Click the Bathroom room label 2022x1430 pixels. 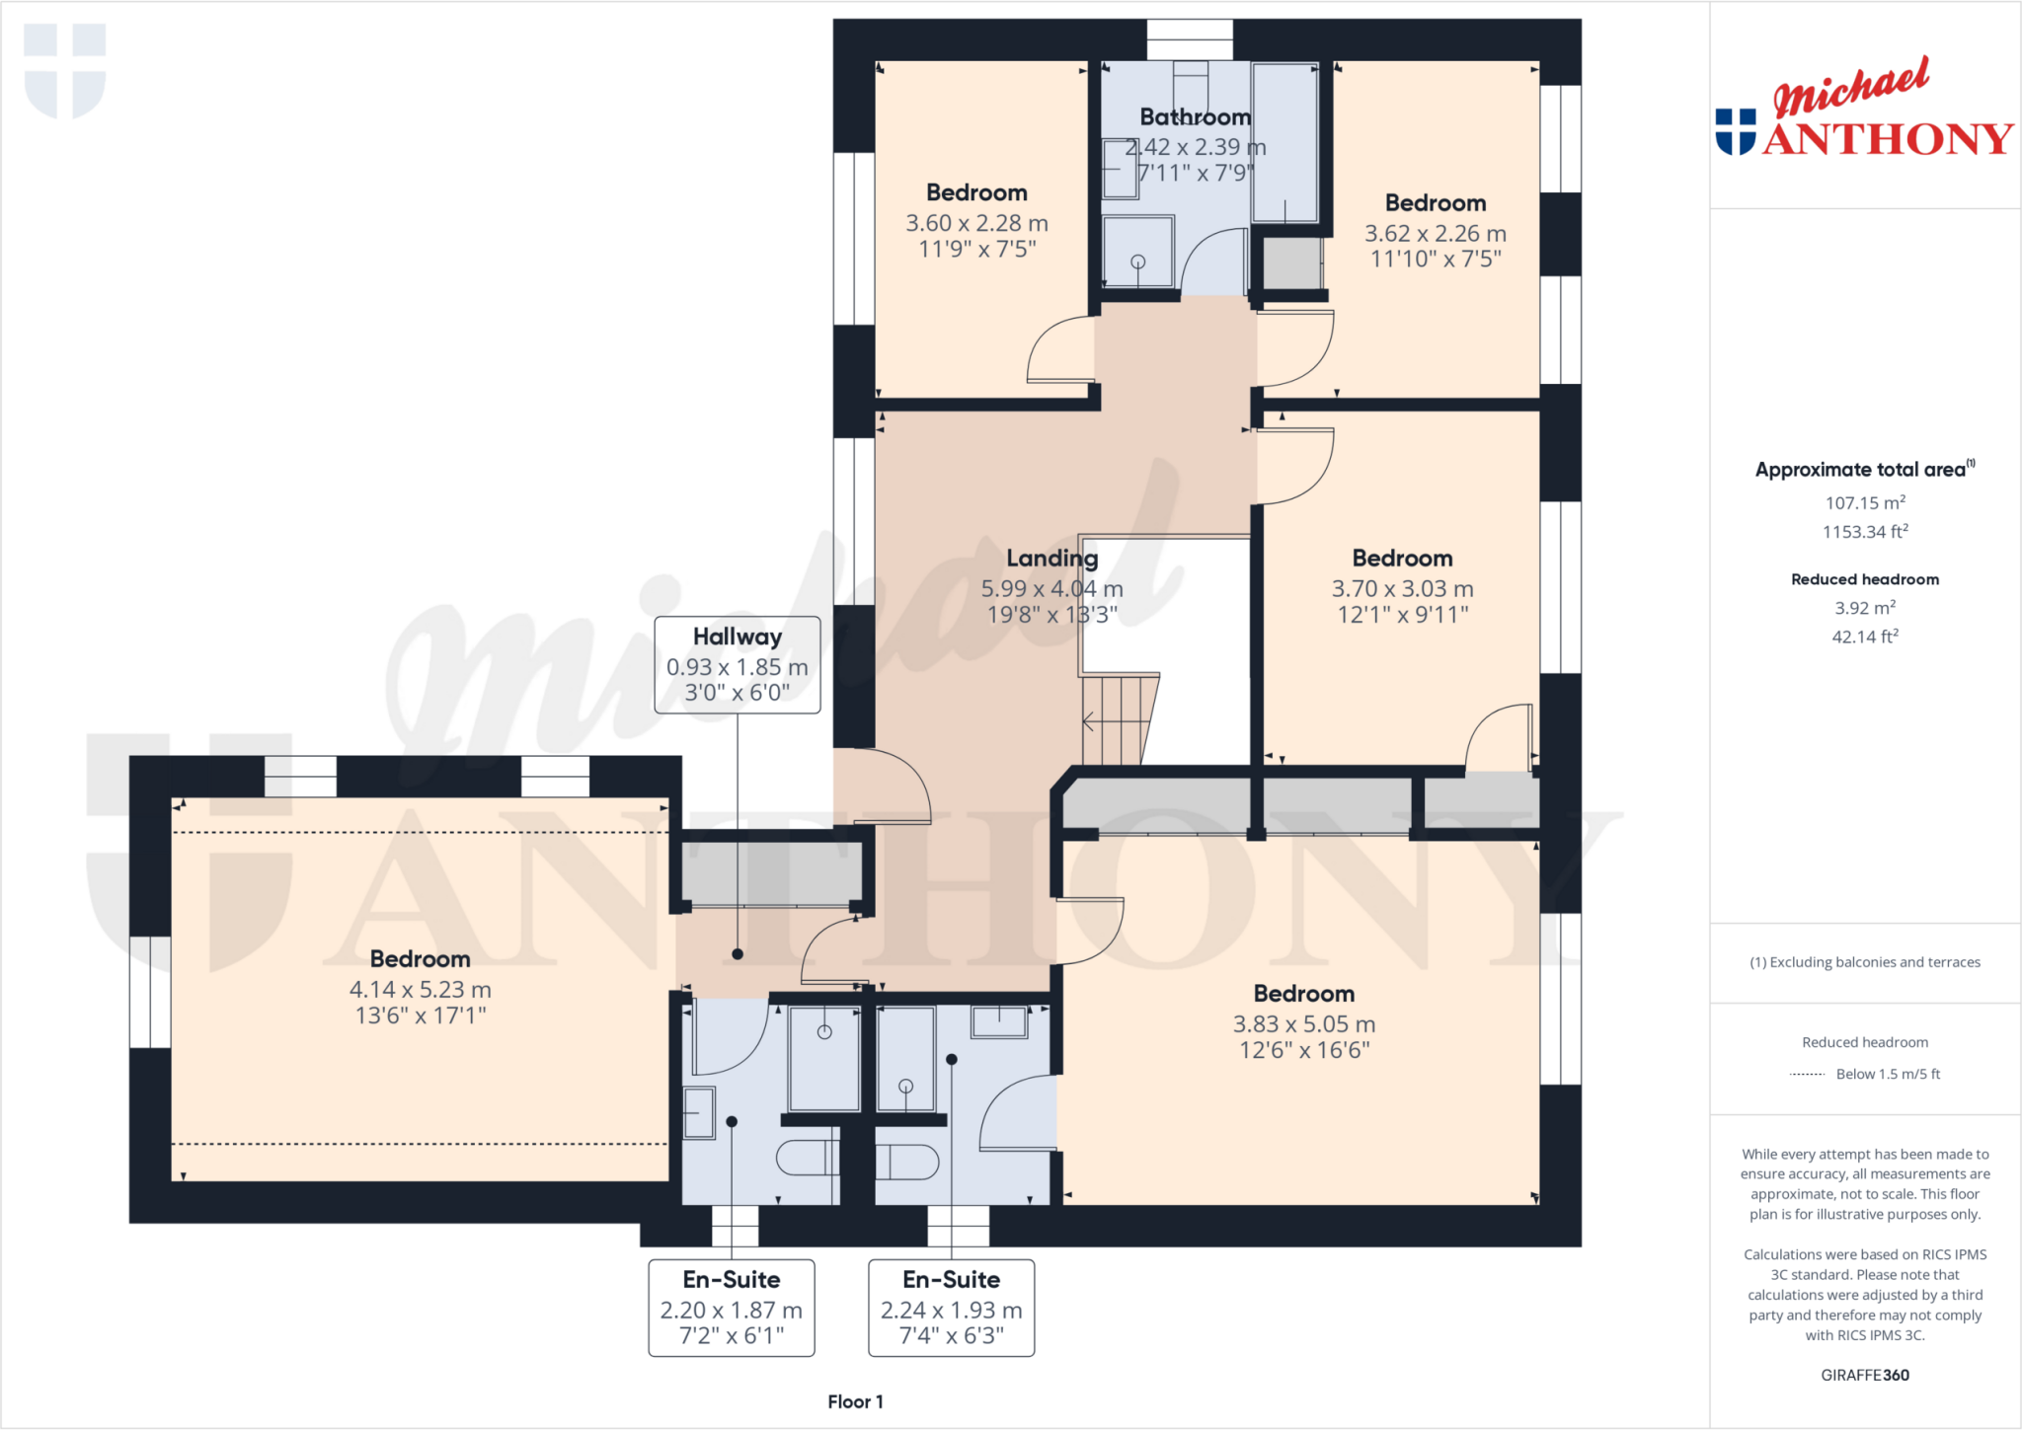coord(1195,117)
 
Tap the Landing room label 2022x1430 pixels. coord(1051,559)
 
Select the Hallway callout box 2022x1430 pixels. coord(737,664)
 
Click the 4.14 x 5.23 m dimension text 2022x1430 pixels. coord(420,990)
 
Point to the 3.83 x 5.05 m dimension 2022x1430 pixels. coord(1303,1024)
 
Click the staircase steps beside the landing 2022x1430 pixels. coord(1118,720)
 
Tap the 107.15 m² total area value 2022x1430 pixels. coord(1864,502)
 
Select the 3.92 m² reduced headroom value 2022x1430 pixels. coord(1864,608)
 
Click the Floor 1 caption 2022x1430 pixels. coord(855,1401)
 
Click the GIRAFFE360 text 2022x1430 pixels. coord(1864,1375)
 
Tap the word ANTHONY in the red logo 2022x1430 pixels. coord(1887,139)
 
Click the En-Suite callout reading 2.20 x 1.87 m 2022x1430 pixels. coord(731,1308)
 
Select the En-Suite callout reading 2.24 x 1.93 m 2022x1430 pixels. coord(951,1308)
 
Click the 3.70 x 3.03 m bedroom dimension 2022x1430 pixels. coord(1402,589)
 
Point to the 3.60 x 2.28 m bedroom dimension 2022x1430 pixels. coord(976,224)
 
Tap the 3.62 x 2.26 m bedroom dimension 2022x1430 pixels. coord(1435,234)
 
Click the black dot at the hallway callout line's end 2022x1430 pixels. coord(738,954)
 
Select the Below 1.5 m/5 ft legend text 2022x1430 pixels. coord(1887,1074)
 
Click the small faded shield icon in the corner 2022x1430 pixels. coord(65,69)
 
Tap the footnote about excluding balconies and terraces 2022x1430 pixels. coord(1864,962)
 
